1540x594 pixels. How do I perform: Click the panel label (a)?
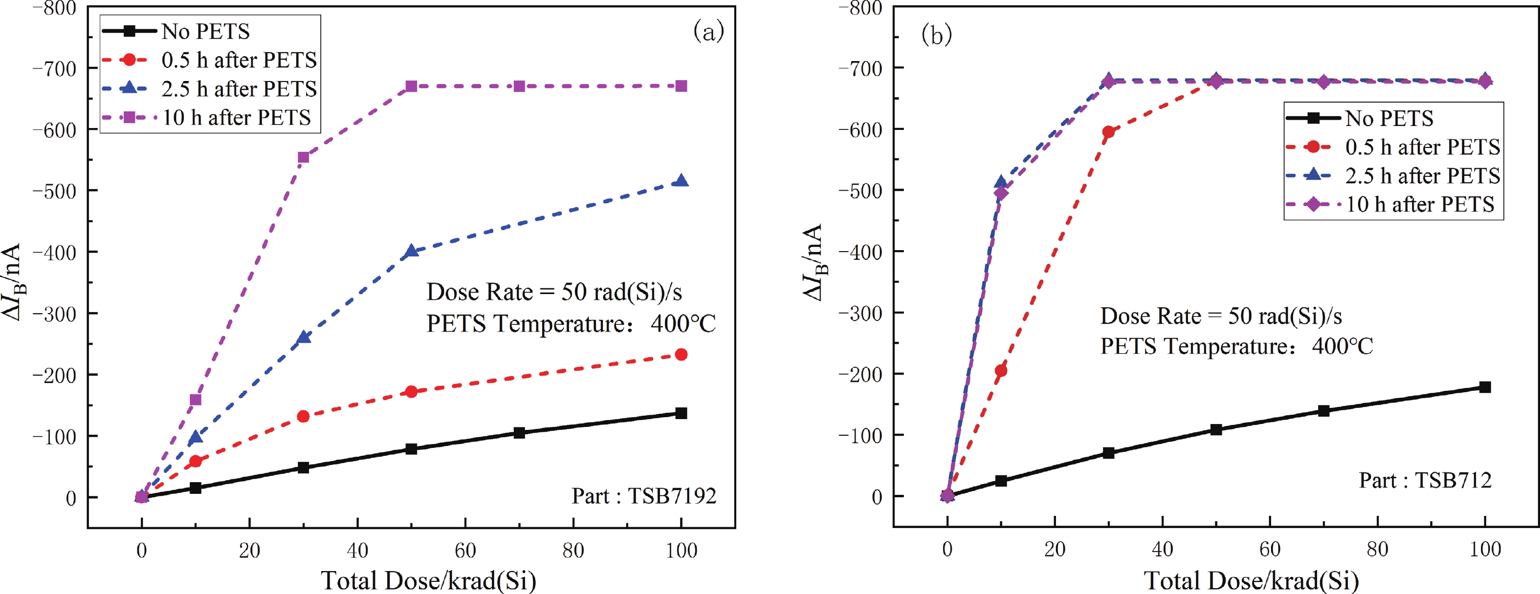[708, 31]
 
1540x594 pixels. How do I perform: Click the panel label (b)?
[936, 35]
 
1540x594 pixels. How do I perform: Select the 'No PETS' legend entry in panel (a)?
[205, 31]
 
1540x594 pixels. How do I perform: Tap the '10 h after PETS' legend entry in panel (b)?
[1419, 204]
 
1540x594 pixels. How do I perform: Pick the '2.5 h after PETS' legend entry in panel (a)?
[239, 88]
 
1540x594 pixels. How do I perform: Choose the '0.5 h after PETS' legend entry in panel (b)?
[1422, 147]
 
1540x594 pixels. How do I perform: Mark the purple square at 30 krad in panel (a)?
[303, 157]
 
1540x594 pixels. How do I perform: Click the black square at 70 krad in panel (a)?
[519, 433]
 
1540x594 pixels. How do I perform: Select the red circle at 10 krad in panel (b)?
[1001, 370]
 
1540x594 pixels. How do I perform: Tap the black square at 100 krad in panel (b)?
[1485, 387]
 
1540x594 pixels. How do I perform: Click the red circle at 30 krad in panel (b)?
[1108, 132]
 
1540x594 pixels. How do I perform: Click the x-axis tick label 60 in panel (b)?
[1270, 549]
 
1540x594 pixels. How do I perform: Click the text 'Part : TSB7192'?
[644, 496]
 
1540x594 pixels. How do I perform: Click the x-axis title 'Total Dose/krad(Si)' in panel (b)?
[1251, 580]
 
